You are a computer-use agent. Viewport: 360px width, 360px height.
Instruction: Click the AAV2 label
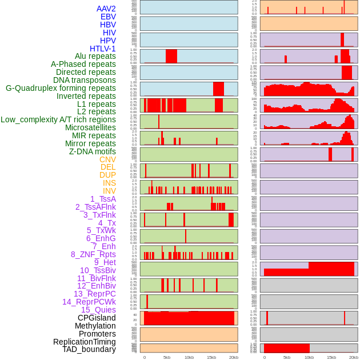point(106,9)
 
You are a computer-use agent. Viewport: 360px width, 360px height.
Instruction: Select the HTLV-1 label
point(102,49)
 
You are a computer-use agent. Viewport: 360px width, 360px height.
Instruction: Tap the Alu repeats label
point(95,56)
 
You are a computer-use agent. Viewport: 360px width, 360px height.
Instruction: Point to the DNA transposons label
point(85,80)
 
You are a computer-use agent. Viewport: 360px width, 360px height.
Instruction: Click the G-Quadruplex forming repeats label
point(61,88)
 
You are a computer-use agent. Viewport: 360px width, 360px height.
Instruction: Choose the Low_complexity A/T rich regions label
point(58,119)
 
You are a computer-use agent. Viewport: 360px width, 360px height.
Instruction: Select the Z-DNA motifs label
point(92,151)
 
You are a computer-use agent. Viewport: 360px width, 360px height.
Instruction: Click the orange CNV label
point(107,159)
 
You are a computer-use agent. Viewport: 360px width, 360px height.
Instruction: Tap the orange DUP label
point(107,175)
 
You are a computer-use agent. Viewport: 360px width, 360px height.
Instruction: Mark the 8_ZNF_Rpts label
point(93,254)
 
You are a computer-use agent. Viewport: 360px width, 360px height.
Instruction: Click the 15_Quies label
point(98,310)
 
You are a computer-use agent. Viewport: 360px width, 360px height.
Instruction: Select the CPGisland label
point(97,318)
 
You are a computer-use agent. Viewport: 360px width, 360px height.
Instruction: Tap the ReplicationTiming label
point(84,342)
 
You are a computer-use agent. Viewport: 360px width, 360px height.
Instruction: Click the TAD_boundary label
point(89,349)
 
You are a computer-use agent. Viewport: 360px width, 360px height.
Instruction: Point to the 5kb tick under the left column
point(167,357)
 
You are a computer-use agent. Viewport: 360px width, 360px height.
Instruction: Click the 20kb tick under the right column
point(354,357)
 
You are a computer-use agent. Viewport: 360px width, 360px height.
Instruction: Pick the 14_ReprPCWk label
point(89,302)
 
